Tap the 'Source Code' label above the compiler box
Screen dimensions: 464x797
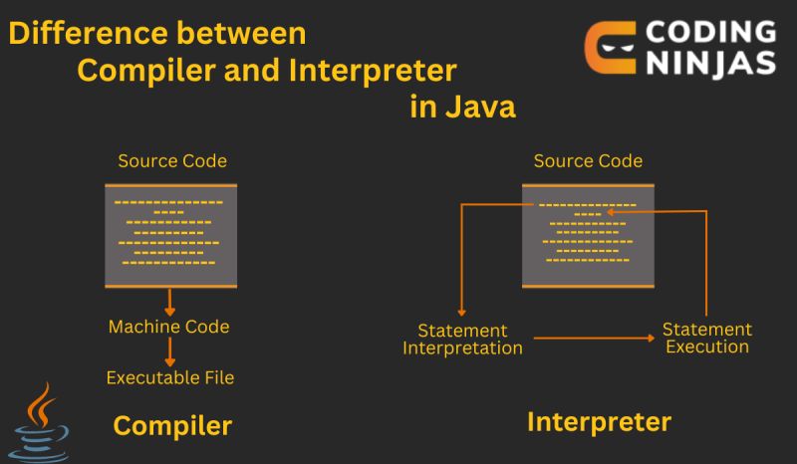tap(171, 160)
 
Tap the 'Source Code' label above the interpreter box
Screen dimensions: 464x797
tap(588, 160)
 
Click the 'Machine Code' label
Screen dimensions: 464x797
tap(168, 327)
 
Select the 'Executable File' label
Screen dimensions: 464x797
tap(170, 377)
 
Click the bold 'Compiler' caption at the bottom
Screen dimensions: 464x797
tap(172, 426)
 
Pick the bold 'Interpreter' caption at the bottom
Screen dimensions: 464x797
tap(599, 422)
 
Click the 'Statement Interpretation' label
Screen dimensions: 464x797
tap(462, 340)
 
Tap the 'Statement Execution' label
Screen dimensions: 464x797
tap(707, 339)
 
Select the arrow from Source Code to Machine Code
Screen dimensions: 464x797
tap(170, 301)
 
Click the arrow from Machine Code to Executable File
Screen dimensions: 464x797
tap(170, 351)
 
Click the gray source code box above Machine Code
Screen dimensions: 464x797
tap(170, 235)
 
